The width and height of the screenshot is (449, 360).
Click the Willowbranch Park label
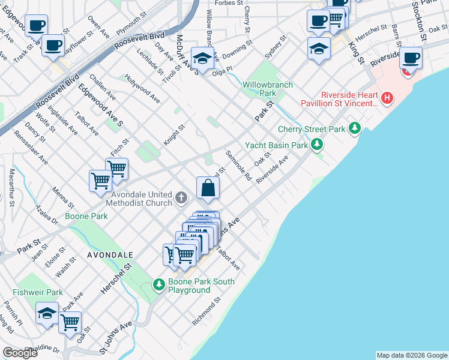(268, 89)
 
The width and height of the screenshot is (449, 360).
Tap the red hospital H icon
(388, 97)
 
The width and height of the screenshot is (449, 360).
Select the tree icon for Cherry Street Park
(355, 128)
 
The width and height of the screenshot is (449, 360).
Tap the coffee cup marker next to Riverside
(411, 58)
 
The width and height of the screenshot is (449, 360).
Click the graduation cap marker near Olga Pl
(203, 58)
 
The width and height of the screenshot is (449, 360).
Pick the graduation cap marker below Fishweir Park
(47, 313)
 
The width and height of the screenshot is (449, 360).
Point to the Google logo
(20, 353)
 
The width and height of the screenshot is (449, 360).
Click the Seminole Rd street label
(238, 165)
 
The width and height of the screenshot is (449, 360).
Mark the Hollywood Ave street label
(143, 88)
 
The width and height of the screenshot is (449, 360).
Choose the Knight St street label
(175, 135)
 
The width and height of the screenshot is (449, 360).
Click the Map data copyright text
(411, 355)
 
